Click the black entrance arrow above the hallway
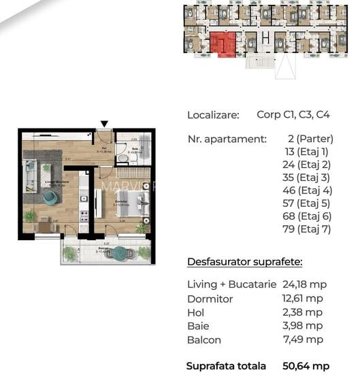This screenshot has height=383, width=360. pos(103,124)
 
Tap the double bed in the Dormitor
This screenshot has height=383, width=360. pos(137,203)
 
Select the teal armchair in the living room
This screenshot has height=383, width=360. pos(50,197)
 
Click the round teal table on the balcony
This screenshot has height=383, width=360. pos(120,253)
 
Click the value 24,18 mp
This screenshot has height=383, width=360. pos(302,284)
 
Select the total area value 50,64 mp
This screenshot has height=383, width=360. pos(306,366)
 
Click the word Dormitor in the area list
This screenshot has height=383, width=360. pos(210,299)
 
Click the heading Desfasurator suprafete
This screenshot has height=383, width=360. pos(245,262)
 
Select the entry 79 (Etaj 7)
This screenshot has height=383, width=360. pos(307,229)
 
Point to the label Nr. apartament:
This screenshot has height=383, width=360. pos(227,139)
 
